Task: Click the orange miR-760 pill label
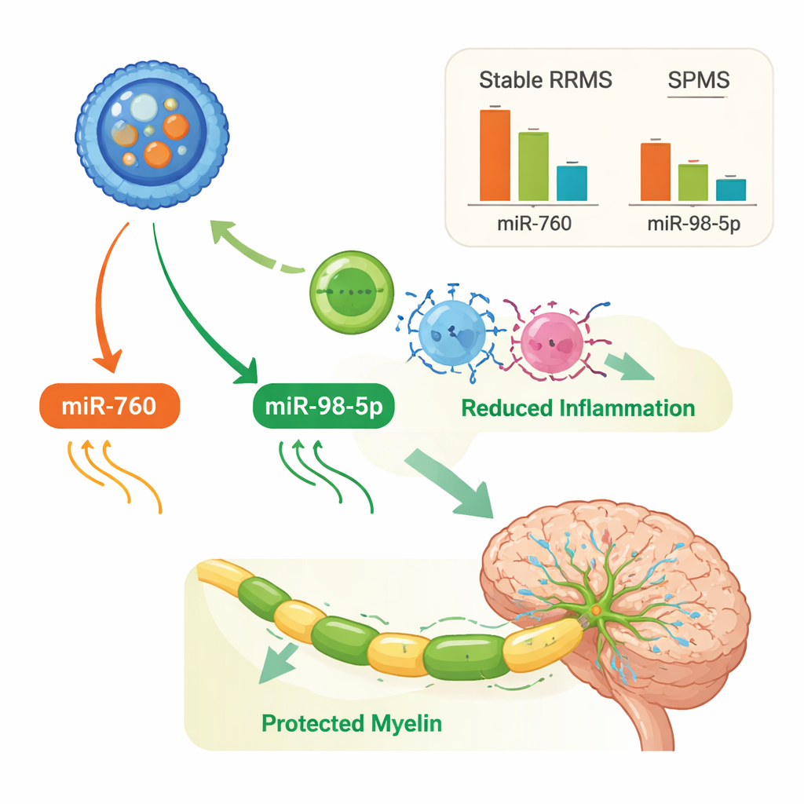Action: pos(110,407)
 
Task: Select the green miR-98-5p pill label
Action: pos(323,407)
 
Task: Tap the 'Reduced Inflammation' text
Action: pos(578,408)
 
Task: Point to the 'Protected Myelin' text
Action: pos(352,722)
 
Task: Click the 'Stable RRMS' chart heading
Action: pos(546,80)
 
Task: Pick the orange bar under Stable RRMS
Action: pos(495,155)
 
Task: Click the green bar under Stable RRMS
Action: pos(533,166)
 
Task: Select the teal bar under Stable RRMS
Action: pos(572,183)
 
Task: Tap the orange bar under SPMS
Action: pos(656,172)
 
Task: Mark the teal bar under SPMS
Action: pos(731,190)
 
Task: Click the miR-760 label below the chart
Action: pos(535,223)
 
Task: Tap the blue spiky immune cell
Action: pos(448,333)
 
